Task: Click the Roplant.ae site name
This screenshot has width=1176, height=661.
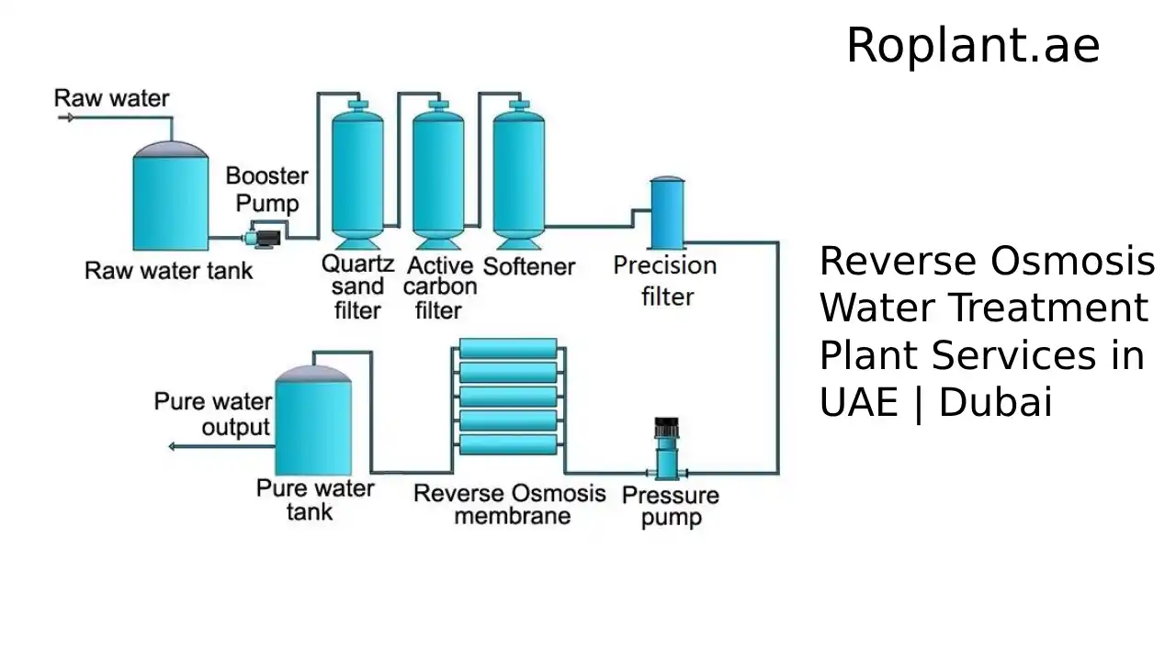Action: (x=972, y=46)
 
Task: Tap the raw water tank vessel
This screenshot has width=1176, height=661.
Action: (x=170, y=200)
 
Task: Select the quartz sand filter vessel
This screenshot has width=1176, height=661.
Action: (x=357, y=174)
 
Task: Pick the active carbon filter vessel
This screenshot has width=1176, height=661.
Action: (x=437, y=174)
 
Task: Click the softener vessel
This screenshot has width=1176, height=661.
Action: (x=518, y=174)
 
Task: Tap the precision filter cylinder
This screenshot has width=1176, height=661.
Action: (x=667, y=213)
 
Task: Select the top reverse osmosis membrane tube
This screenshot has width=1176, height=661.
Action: (x=508, y=349)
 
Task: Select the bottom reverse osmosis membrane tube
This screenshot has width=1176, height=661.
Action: (x=508, y=445)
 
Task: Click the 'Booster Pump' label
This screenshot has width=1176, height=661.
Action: (x=267, y=188)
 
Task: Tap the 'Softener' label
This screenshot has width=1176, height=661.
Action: (x=529, y=267)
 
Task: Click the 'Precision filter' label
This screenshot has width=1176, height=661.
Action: (x=665, y=281)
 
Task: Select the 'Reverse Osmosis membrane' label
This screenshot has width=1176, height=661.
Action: (x=510, y=504)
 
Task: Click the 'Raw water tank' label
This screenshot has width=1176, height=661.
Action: (x=168, y=271)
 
